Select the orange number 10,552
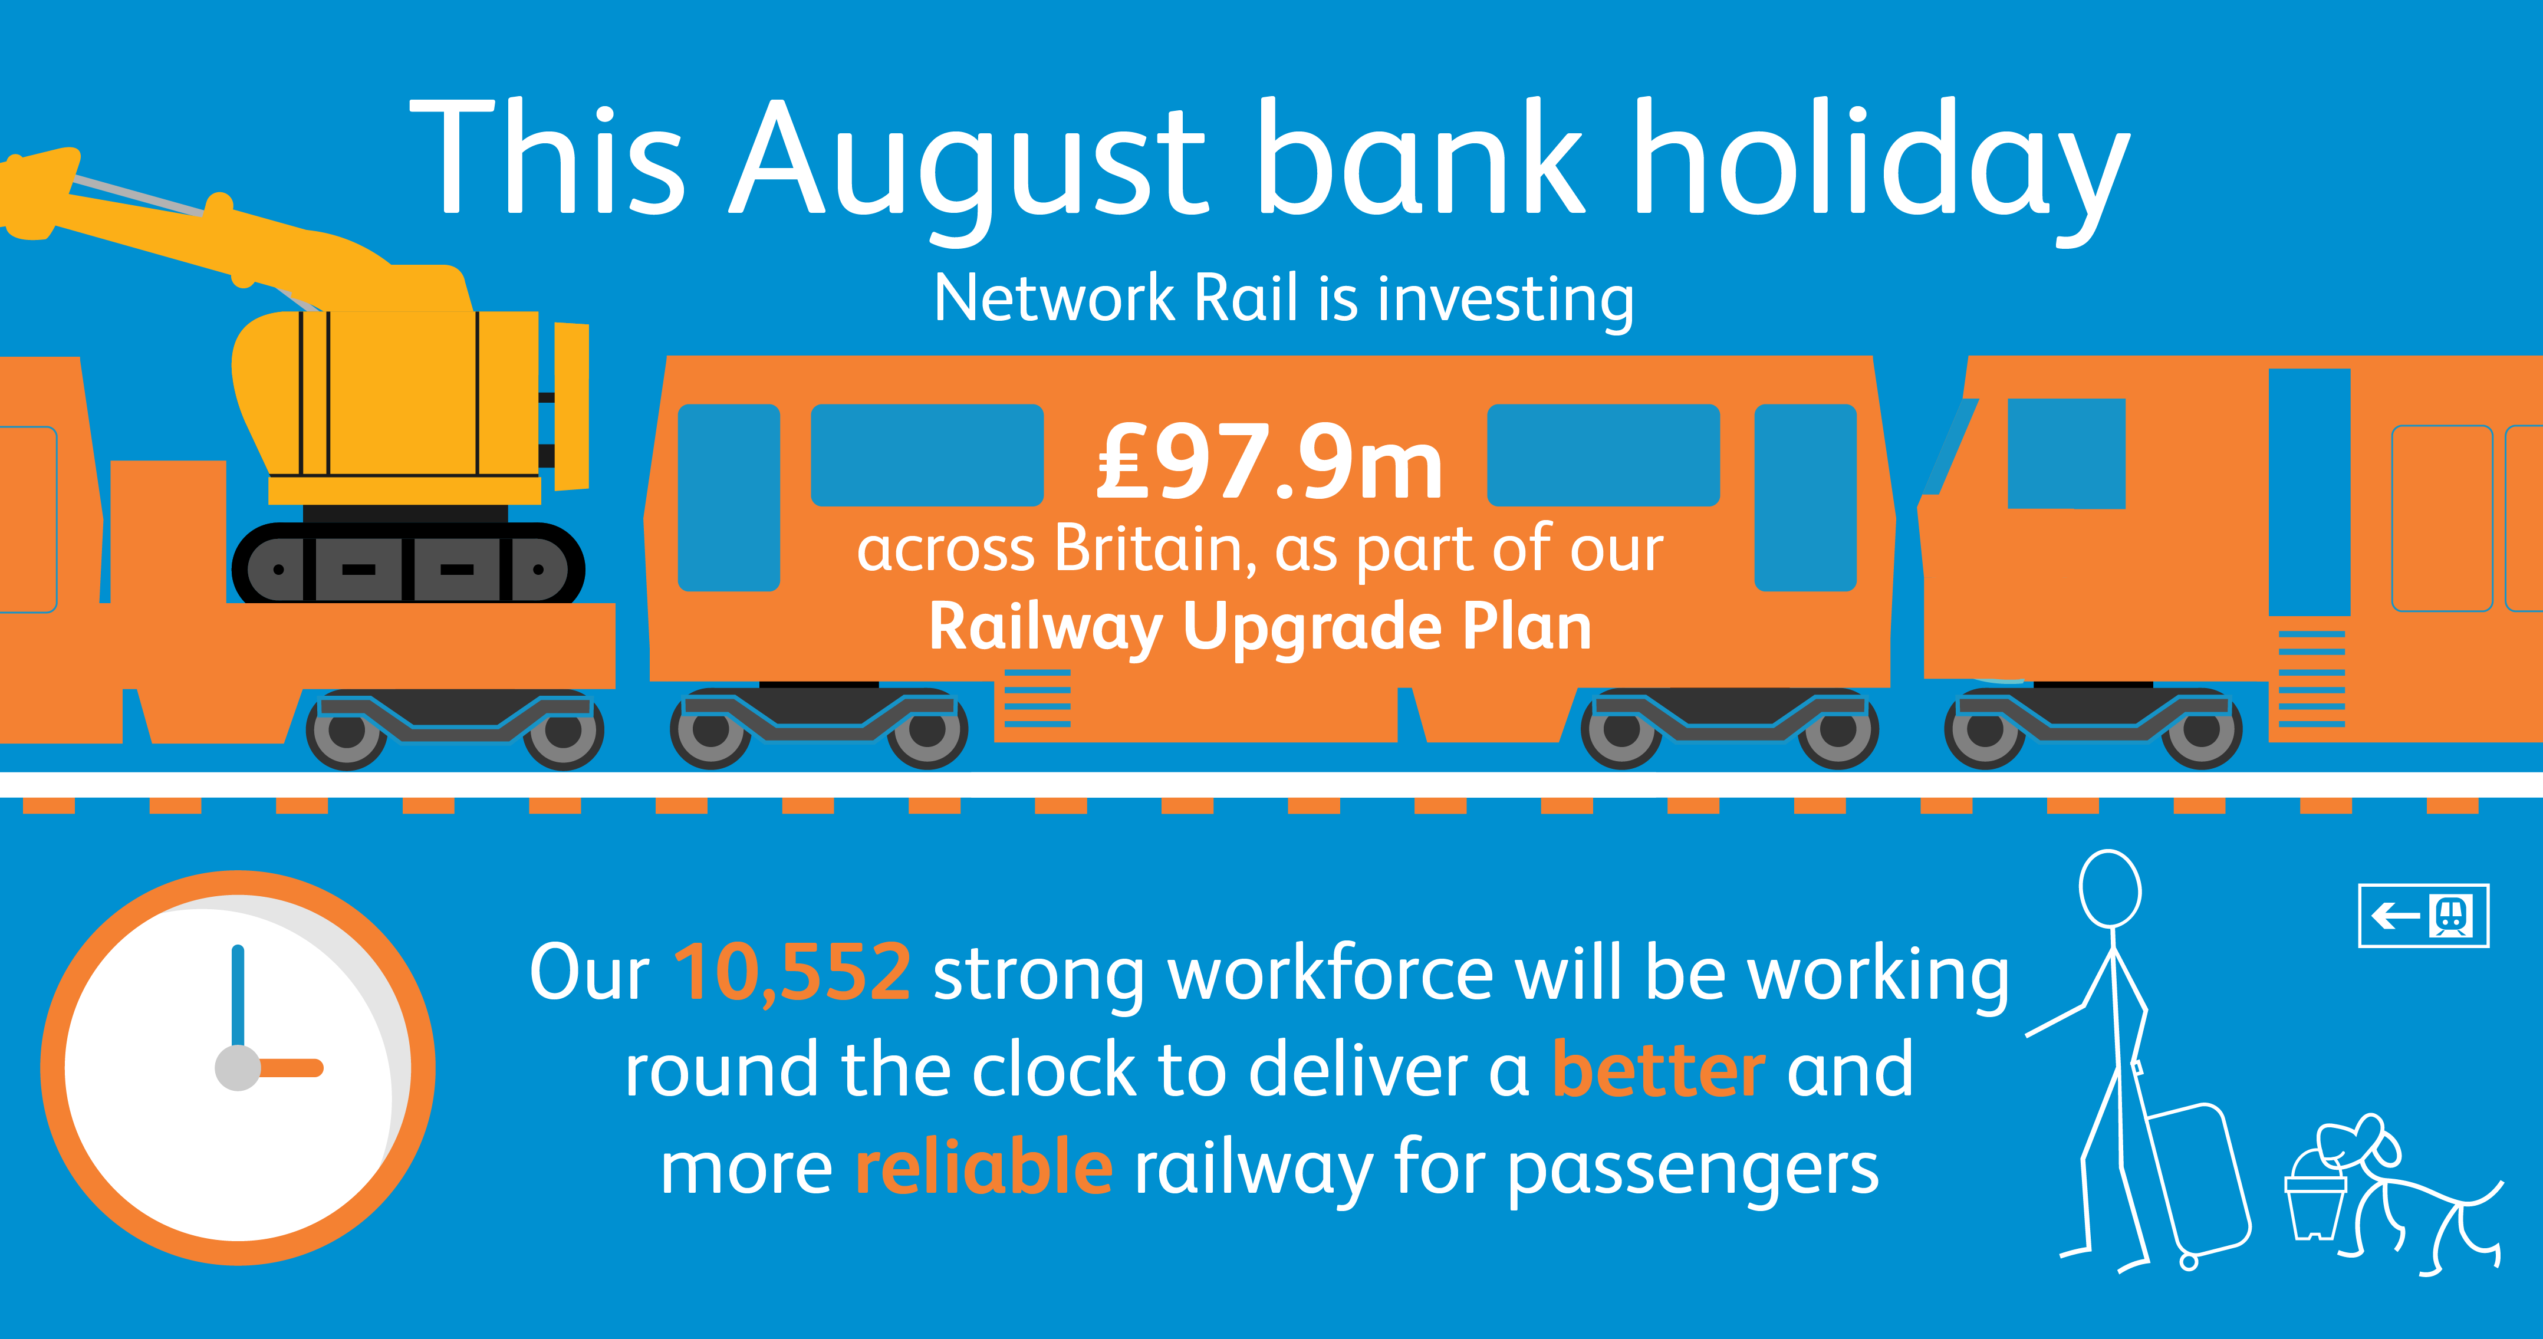click(x=792, y=973)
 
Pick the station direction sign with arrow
click(x=2423, y=916)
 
